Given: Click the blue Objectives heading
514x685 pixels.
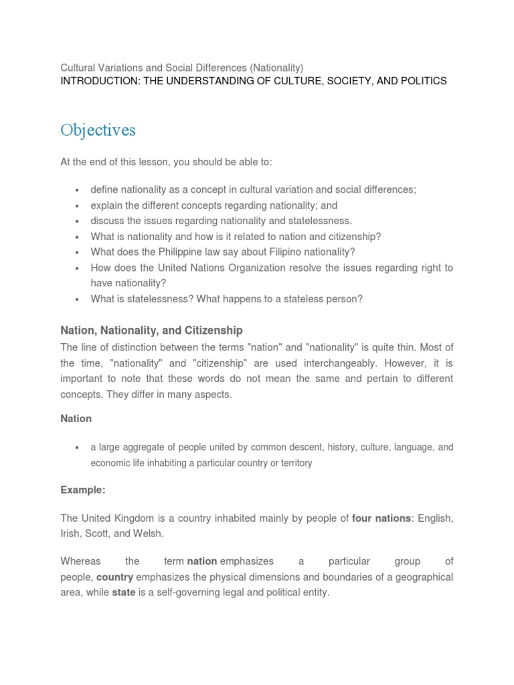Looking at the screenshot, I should (x=98, y=130).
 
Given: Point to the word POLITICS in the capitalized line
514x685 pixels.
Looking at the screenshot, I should (x=421, y=81).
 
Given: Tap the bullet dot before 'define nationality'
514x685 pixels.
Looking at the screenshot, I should (x=78, y=190).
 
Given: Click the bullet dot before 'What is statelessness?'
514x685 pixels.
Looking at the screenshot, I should (x=78, y=300).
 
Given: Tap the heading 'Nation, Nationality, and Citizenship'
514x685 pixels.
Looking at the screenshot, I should (x=151, y=330).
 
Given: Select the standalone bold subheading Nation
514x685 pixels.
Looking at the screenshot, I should (x=76, y=419).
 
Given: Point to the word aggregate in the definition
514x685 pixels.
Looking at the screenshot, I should (x=147, y=448).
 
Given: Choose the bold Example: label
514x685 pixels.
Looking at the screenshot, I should (x=83, y=490).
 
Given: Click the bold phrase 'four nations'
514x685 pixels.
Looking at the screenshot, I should (x=381, y=519).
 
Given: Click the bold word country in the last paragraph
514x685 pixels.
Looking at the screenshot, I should (x=114, y=577).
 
